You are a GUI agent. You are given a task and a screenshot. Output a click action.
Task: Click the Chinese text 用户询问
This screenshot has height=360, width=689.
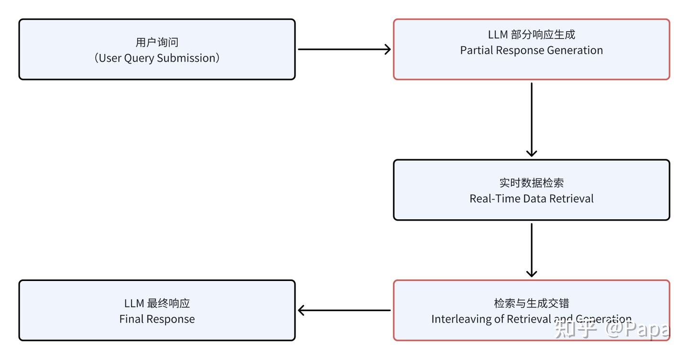pyautogui.click(x=157, y=42)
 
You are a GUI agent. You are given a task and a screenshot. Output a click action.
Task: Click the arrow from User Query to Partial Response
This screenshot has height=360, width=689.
pyautogui.click(x=344, y=49)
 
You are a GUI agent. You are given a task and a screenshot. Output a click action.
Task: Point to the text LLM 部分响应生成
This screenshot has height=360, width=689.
pyautogui.click(x=531, y=34)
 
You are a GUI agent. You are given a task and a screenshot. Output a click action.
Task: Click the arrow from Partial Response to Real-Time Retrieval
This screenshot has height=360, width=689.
pyautogui.click(x=531, y=120)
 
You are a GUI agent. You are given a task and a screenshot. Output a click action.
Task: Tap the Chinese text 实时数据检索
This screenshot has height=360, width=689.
pyautogui.click(x=531, y=183)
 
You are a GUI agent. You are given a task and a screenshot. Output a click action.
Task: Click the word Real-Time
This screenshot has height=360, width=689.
pyautogui.click(x=493, y=199)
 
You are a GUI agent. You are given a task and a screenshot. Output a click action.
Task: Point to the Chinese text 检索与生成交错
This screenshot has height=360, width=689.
pyautogui.click(x=531, y=303)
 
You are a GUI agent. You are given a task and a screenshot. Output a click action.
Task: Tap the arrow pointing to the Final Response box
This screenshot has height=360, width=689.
pyautogui.click(x=344, y=310)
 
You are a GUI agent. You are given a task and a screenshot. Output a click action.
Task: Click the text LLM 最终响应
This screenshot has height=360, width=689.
pyautogui.click(x=157, y=303)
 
